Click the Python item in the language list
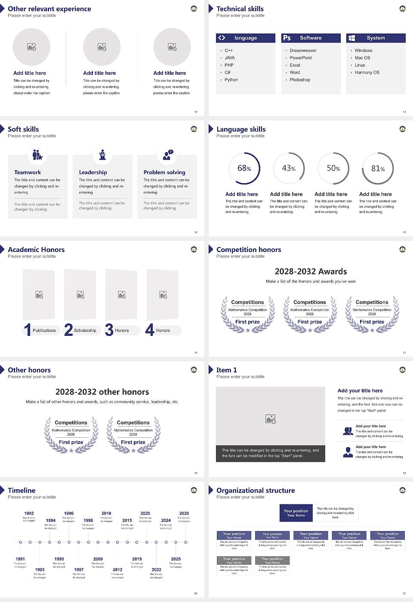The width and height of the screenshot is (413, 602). click(x=231, y=80)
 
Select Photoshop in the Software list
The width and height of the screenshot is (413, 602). click(x=299, y=80)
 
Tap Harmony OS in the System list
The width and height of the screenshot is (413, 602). click(x=367, y=72)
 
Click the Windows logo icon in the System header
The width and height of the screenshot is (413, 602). click(x=351, y=38)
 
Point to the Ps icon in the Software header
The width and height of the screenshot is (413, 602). click(x=287, y=38)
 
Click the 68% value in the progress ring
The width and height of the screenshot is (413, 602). click(x=244, y=168)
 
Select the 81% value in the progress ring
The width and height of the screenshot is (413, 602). click(x=378, y=169)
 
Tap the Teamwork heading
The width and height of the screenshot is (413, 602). click(x=28, y=172)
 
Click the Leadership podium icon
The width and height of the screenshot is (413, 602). click(x=102, y=154)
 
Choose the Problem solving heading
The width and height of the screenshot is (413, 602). click(x=164, y=172)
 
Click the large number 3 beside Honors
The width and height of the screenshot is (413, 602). click(x=109, y=330)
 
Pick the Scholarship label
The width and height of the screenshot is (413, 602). click(x=85, y=330)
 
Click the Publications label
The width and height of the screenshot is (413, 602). click(x=44, y=330)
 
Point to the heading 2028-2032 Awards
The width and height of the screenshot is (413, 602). click(x=311, y=271)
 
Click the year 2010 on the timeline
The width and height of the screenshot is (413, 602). click(x=106, y=513)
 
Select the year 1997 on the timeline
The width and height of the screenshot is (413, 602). click(x=79, y=569)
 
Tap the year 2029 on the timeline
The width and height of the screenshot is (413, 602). click(x=184, y=513)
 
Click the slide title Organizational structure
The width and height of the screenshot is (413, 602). click(x=256, y=490)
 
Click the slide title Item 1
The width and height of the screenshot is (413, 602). click(x=226, y=370)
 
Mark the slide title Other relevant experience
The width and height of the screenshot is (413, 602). click(x=49, y=9)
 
